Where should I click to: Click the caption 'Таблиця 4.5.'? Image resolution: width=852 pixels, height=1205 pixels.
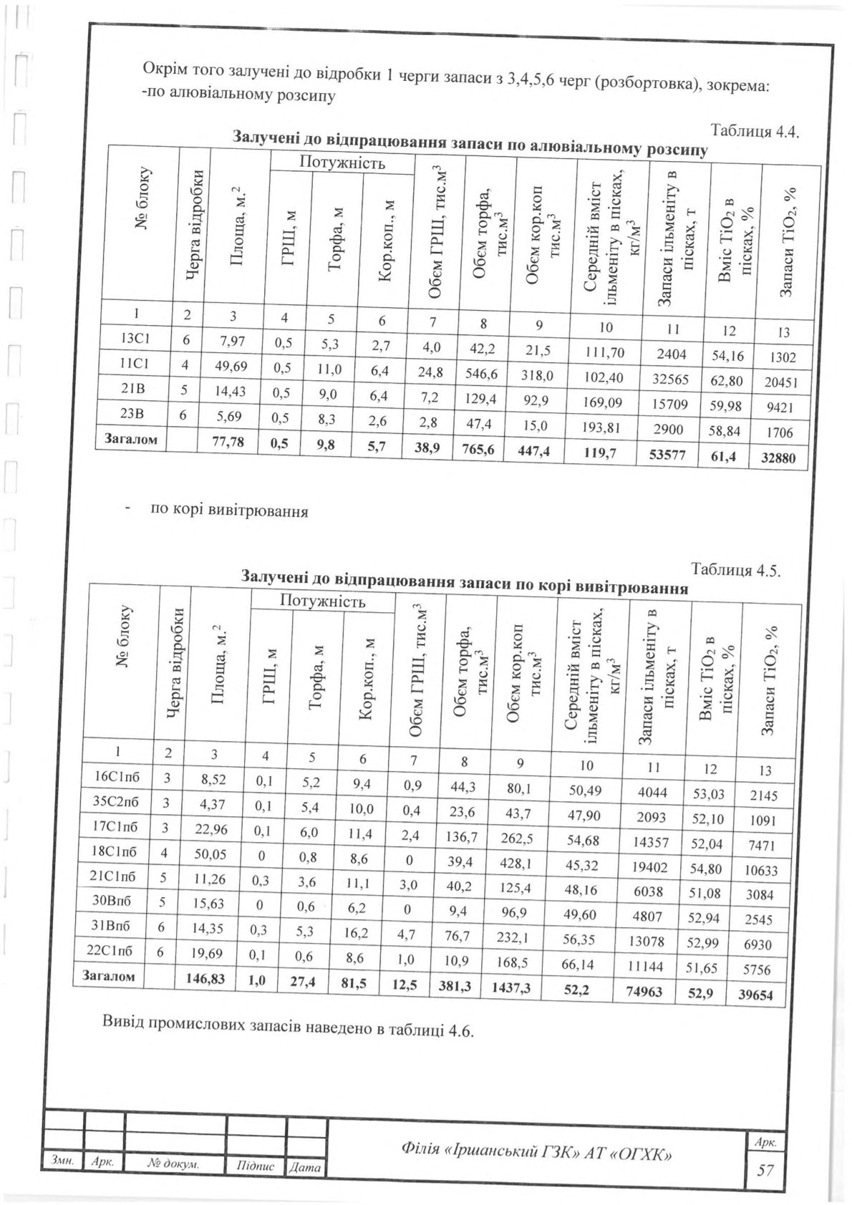(x=734, y=571)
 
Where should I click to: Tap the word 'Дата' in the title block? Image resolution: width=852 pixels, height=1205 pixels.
(x=305, y=1168)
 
